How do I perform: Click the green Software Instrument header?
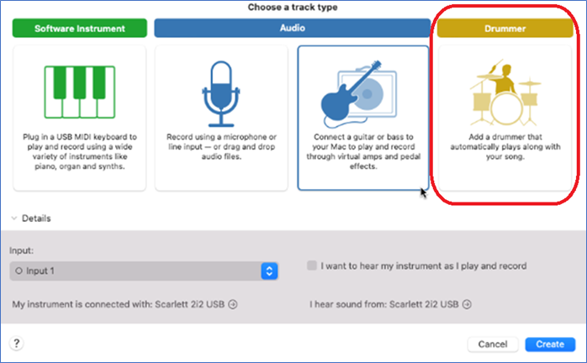(79, 28)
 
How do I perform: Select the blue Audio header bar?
(293, 28)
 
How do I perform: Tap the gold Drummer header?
(505, 28)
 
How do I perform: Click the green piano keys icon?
(80, 92)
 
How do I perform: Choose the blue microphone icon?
(221, 93)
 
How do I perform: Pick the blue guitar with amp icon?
(358, 94)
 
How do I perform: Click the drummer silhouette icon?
(505, 92)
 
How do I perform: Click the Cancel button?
(493, 345)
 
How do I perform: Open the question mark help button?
(17, 343)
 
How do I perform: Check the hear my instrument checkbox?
(311, 266)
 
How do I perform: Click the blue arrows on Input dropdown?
(269, 271)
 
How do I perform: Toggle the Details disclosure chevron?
(14, 218)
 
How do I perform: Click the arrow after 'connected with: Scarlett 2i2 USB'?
(233, 304)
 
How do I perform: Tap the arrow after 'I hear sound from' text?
(467, 304)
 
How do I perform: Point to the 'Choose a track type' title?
(293, 7)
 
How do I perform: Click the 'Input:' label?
(21, 250)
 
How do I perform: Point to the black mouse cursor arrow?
(423, 192)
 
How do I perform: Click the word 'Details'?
(36, 218)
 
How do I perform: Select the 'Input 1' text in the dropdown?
(40, 271)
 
